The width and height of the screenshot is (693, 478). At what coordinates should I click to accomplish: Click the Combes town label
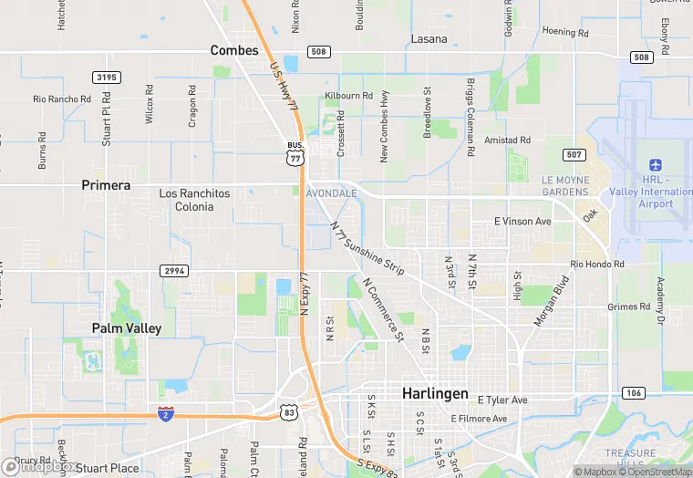click(x=234, y=50)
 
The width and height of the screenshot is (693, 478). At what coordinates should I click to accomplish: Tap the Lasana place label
click(x=429, y=39)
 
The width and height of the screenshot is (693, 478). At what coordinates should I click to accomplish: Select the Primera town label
click(x=106, y=185)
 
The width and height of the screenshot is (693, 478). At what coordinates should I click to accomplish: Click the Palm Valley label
click(x=127, y=327)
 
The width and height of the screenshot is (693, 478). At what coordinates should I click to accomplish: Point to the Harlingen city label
click(x=435, y=394)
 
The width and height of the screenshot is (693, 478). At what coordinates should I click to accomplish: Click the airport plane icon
click(x=655, y=164)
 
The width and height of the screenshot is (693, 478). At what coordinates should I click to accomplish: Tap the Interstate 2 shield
click(x=166, y=414)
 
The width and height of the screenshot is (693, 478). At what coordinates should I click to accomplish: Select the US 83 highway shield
click(x=288, y=413)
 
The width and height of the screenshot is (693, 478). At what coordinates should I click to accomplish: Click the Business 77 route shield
click(x=295, y=154)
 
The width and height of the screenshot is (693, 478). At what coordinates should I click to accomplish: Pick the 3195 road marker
click(x=106, y=78)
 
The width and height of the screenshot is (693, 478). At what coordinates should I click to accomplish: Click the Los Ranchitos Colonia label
click(x=186, y=200)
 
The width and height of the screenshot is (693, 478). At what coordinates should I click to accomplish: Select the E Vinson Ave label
click(x=522, y=222)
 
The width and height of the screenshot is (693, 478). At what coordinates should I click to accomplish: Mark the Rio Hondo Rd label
click(x=597, y=265)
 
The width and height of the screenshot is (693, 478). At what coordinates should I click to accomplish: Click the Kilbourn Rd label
click(x=349, y=96)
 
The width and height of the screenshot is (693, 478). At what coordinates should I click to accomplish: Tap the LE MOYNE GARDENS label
click(x=565, y=186)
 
